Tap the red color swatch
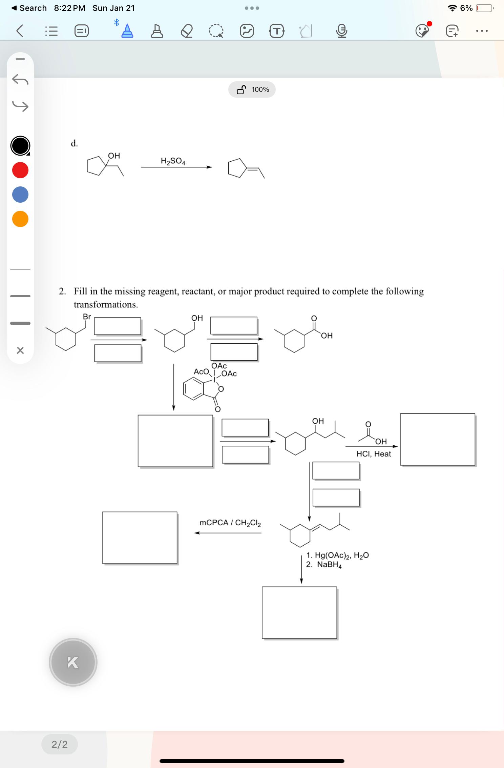coord(20,170)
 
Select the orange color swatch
coord(20,219)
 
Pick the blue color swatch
coord(20,195)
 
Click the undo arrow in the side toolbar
coord(20,80)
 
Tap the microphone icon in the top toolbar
coord(342,31)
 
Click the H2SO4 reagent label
coord(173,161)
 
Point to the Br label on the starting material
coord(87,317)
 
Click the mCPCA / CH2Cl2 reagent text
coord(230,523)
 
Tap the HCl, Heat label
coord(374,454)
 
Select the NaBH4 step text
coord(324,565)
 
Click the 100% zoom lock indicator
coord(252,89)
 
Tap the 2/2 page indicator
coord(60,744)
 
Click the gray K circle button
coord(73,662)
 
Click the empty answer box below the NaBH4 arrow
coord(299,613)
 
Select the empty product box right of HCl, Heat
coord(438,440)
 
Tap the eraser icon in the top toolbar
coord(187,31)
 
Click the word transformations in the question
coord(106,304)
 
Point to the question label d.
coord(74,143)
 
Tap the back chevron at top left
coord(20,31)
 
